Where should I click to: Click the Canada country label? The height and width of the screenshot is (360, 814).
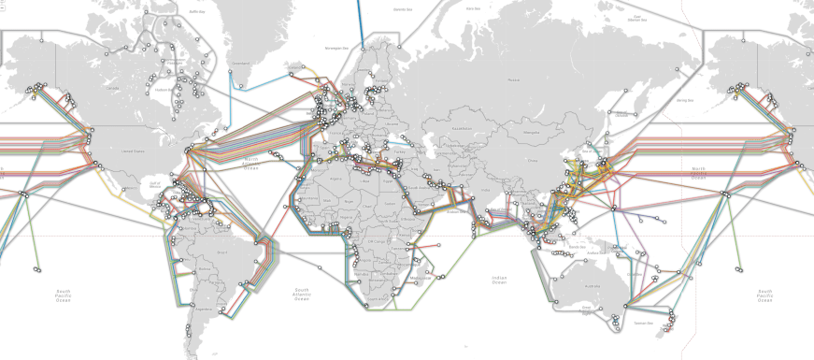(115, 88)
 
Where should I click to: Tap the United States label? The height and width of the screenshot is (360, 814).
(133, 151)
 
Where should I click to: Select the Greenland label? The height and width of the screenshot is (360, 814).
(241, 65)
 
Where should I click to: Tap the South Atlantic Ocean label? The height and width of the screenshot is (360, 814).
(301, 294)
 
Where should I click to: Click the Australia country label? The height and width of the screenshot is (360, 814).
(592, 286)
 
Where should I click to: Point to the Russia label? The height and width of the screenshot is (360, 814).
(512, 80)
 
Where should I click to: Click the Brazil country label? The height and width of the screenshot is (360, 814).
(222, 252)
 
